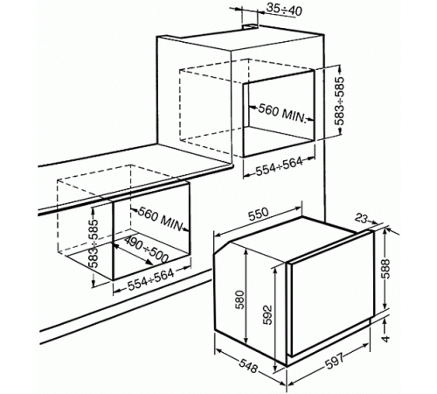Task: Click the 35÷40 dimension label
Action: pyautogui.click(x=284, y=10)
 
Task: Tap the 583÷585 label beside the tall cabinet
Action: pyautogui.click(x=339, y=101)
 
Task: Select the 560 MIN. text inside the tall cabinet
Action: pyautogui.click(x=282, y=113)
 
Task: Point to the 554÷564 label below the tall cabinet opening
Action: pyautogui.click(x=279, y=166)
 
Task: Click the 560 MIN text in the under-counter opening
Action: pyautogui.click(x=160, y=219)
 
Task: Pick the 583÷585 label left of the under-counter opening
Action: pyautogui.click(x=94, y=243)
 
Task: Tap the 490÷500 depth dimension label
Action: pyautogui.click(x=146, y=249)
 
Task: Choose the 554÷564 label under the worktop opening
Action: pyautogui.click(x=151, y=280)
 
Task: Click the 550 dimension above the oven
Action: pyautogui.click(x=258, y=215)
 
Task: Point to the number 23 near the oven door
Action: pyautogui.click(x=361, y=218)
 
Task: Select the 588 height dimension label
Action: pyautogui.click(x=386, y=269)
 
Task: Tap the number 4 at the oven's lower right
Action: pyautogui.click(x=385, y=339)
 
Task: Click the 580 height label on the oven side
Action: pyautogui.click(x=240, y=299)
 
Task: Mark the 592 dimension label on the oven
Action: pyautogui.click(x=267, y=315)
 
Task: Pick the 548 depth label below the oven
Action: pyautogui.click(x=248, y=367)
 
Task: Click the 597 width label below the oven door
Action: pyautogui.click(x=335, y=362)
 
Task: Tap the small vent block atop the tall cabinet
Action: pyautogui.click(x=250, y=27)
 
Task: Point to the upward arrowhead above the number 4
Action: pyautogui.click(x=385, y=321)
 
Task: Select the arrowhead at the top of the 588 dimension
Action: pyautogui.click(x=385, y=231)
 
